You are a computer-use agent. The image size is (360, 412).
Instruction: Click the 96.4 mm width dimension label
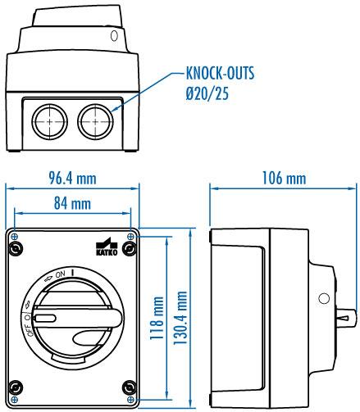point(72,179)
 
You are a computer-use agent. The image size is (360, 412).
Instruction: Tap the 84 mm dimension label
point(72,203)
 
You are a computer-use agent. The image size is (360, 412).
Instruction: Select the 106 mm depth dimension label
point(284,178)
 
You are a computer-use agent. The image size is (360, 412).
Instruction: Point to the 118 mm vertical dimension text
point(157,318)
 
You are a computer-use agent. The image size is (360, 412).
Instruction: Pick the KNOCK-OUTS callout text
point(220,73)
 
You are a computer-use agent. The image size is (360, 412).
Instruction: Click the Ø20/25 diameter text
point(207,93)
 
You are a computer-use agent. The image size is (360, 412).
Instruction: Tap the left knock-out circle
point(49,121)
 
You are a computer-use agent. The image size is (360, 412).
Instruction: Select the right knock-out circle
point(95,121)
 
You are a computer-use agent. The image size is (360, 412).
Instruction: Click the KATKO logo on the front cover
point(107,247)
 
